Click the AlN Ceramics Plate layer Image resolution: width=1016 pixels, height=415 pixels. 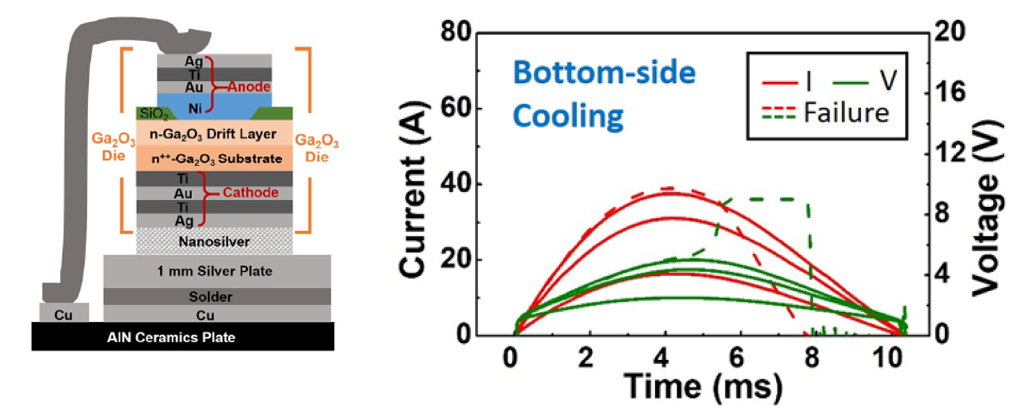tap(183, 336)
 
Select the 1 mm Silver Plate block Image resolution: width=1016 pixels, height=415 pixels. tap(217, 271)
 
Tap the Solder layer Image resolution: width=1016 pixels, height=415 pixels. tap(217, 296)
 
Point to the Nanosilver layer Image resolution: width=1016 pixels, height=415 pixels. tap(214, 242)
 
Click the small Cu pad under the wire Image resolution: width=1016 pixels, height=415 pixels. tap(64, 313)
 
